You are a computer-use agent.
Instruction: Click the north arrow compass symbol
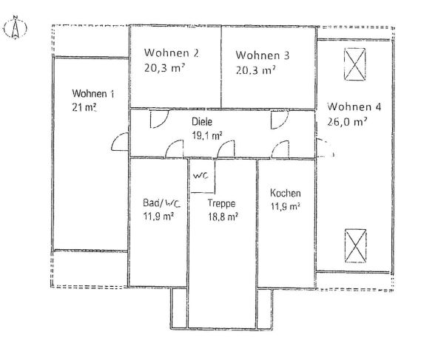coord(13,27)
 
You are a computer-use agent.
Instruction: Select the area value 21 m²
coord(85,107)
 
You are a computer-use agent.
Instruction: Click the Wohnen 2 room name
coord(172,53)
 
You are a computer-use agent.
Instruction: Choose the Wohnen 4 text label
coord(355,106)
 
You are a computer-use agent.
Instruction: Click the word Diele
coord(201,121)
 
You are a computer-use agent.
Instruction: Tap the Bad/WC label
coord(160,203)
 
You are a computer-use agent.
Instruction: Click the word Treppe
coord(221,203)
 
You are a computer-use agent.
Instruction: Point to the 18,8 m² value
coord(222,217)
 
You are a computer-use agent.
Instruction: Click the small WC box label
coord(201,177)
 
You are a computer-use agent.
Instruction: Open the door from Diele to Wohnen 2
coord(158,119)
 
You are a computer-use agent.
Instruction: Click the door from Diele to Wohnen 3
coord(279,119)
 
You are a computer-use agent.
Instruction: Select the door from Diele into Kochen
coord(280,150)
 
